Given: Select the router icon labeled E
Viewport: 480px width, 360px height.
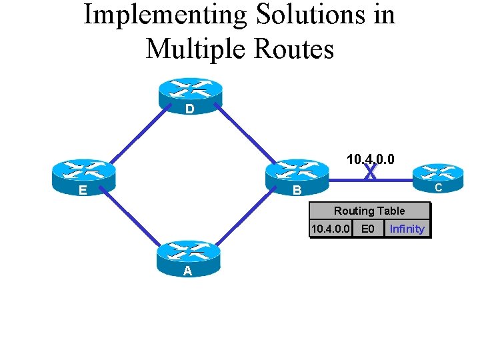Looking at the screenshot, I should coord(84,176).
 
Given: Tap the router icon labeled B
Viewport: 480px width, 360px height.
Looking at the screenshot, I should coord(297,176).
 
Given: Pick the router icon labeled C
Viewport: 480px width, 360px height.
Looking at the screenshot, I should coord(438,176).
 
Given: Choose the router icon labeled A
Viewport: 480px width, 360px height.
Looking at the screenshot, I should coord(188,257).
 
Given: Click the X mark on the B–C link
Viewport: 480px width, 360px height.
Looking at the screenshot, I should coord(371,173).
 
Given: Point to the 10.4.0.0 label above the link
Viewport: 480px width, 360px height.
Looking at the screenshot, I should coord(370,159).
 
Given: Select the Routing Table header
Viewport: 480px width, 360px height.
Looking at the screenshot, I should coord(369,211).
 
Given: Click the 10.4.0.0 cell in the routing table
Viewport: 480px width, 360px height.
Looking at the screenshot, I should coord(331,229).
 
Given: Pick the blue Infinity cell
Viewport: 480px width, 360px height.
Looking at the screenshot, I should coord(407,229).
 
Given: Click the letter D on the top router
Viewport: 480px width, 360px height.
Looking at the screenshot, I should coord(190,109).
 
